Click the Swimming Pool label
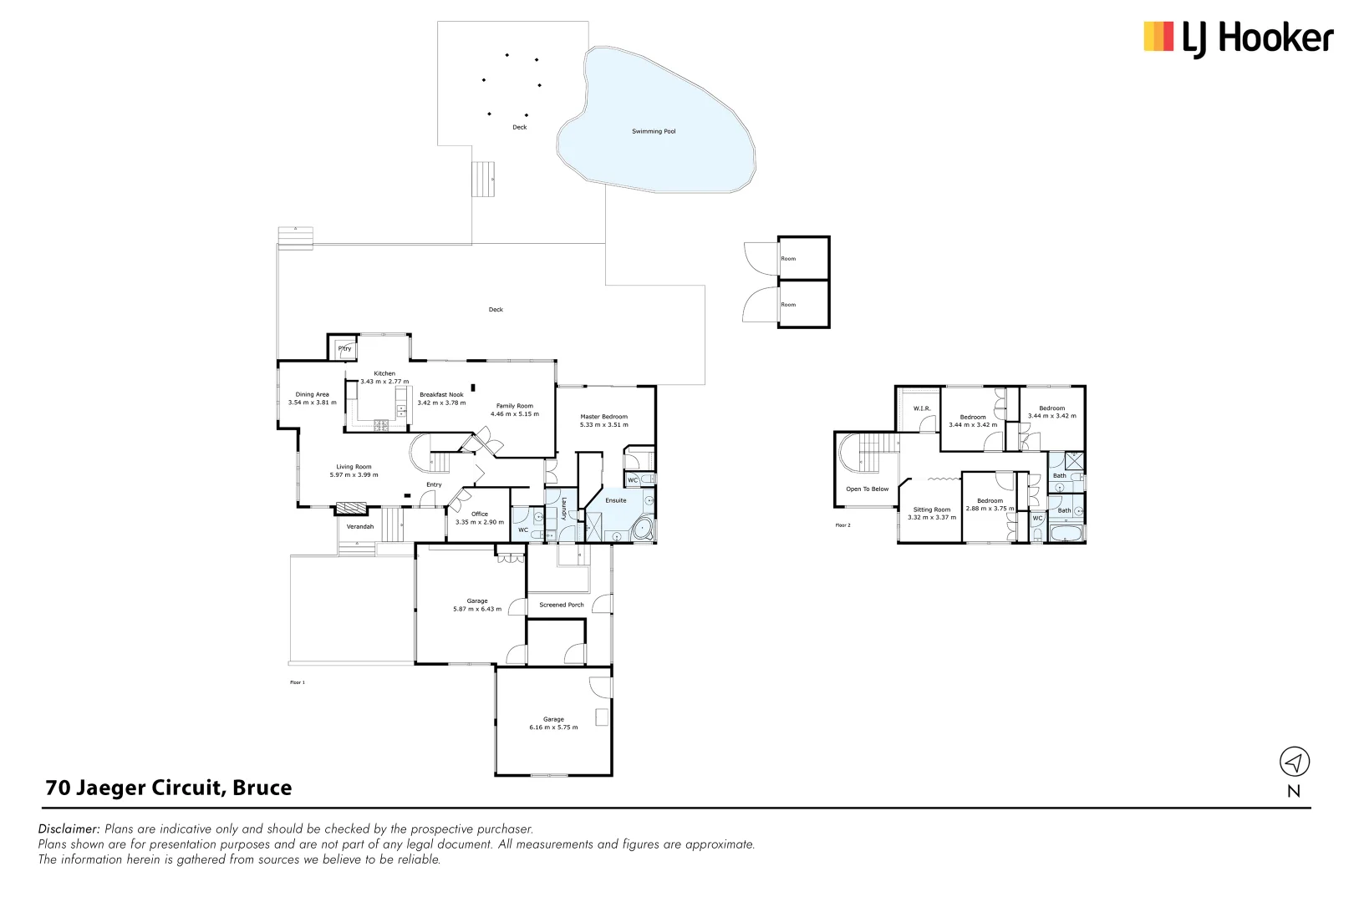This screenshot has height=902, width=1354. pyautogui.click(x=654, y=131)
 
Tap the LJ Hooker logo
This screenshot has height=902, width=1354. pyautogui.click(x=1238, y=38)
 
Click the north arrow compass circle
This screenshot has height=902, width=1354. pyautogui.click(x=1294, y=762)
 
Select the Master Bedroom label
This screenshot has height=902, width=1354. pyautogui.click(x=603, y=417)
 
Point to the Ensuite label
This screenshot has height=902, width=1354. pyautogui.click(x=616, y=500)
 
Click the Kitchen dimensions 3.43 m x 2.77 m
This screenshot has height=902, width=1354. pyautogui.click(x=384, y=382)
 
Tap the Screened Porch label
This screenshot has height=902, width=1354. pyautogui.click(x=562, y=605)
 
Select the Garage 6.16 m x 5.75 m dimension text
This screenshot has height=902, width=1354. pyautogui.click(x=553, y=727)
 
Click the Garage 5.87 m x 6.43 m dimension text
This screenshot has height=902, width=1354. pyautogui.click(x=477, y=609)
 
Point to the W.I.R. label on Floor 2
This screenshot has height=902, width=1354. pyautogui.click(x=922, y=408)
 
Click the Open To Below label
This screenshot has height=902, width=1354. pyautogui.click(x=867, y=489)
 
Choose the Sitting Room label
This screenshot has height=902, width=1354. pyautogui.click(x=931, y=509)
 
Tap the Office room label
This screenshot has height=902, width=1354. pyautogui.click(x=480, y=514)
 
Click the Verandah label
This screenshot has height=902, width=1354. pyautogui.click(x=360, y=527)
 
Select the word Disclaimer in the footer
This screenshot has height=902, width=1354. pyautogui.click(x=69, y=829)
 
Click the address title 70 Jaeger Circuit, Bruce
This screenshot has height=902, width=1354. pyautogui.click(x=169, y=788)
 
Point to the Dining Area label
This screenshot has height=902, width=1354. pyautogui.click(x=312, y=394)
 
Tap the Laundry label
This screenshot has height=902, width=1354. pyautogui.click(x=564, y=509)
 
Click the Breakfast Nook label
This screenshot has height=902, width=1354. pyautogui.click(x=441, y=394)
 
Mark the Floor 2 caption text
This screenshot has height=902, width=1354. pyautogui.click(x=842, y=525)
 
